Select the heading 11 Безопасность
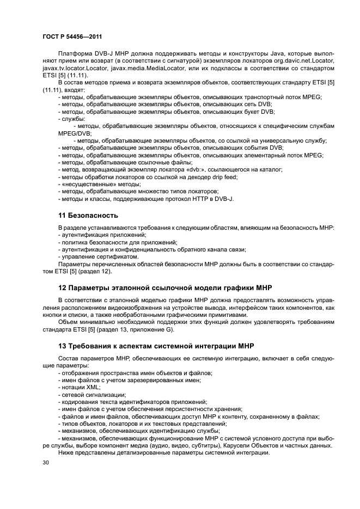point(88,215)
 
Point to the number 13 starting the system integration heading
point(62,346)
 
